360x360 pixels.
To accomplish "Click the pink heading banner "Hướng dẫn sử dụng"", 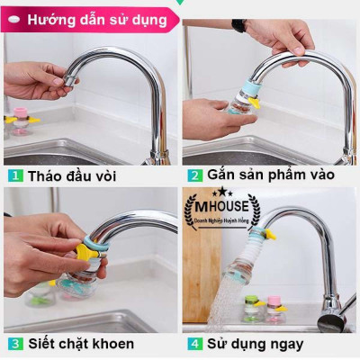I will click(x=90, y=17).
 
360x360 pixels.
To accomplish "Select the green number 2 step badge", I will click(x=193, y=175).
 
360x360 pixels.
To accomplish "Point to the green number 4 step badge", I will click(x=193, y=344).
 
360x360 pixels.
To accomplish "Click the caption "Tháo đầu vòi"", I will click(x=72, y=175).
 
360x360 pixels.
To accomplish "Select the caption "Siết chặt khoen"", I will click(x=81, y=344).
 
